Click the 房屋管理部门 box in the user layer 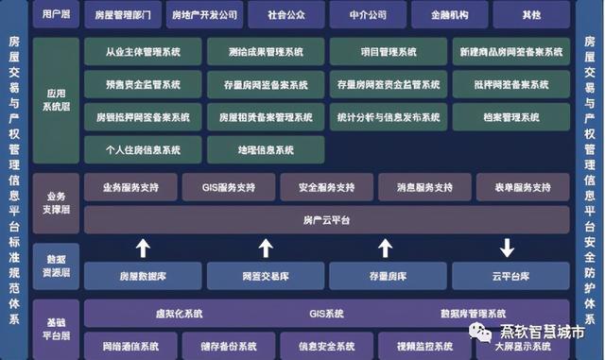point(124,15)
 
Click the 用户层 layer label point(54,15)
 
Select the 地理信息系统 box point(266,149)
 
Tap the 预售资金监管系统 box point(143,85)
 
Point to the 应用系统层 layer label point(54,100)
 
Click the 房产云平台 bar point(326,219)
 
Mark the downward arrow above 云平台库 point(508,249)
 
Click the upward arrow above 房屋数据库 point(143,249)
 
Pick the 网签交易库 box point(266,276)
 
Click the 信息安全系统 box point(326,346)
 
